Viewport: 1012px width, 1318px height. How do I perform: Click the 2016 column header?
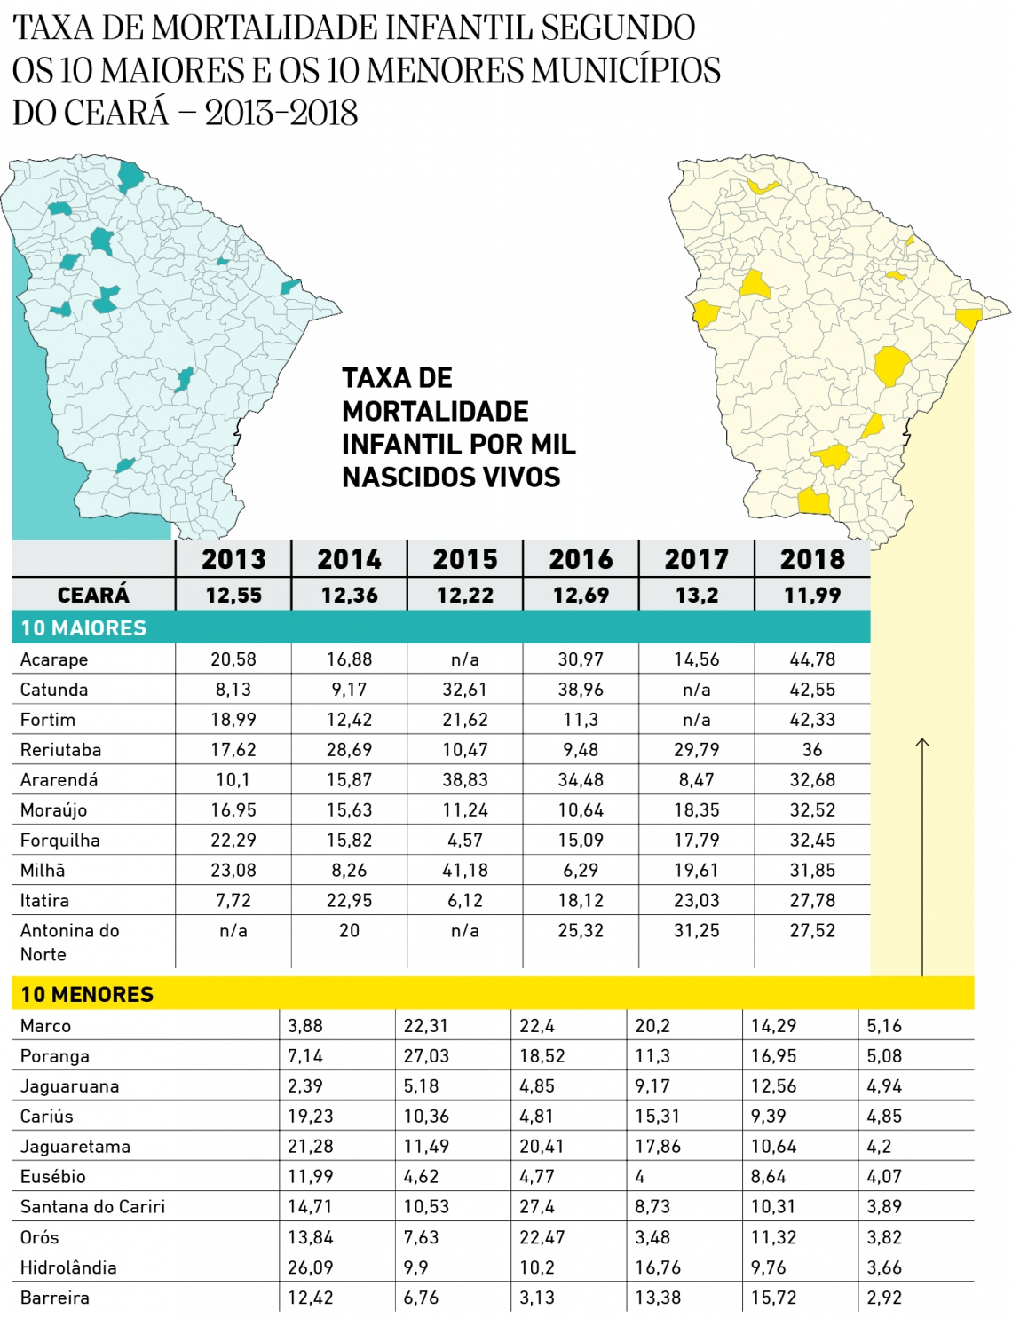(581, 559)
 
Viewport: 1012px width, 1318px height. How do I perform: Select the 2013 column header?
(233, 559)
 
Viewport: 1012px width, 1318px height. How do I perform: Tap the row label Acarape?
(54, 659)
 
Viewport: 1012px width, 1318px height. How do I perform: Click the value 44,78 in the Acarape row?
(812, 659)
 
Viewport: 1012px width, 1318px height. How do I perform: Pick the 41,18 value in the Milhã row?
(465, 871)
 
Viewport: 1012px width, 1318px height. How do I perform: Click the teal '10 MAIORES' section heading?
(83, 628)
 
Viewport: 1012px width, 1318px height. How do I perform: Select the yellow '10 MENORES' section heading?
(87, 995)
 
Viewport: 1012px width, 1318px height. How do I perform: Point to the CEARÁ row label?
(93, 596)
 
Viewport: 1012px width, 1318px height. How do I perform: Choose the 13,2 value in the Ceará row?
(697, 596)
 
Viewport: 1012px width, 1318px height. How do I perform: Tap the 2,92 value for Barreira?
(884, 1298)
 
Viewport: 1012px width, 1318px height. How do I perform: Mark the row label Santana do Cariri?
(92, 1207)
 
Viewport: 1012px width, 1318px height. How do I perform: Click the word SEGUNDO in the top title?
(619, 28)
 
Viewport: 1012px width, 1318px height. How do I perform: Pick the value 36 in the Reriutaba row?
(812, 750)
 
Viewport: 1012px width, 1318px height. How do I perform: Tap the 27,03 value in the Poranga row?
(426, 1056)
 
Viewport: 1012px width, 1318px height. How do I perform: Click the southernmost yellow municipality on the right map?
(813, 502)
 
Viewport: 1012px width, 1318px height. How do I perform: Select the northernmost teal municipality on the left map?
(130, 176)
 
